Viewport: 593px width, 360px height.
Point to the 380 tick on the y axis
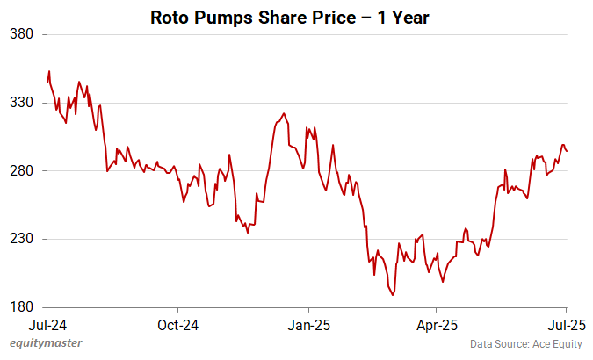click(21, 35)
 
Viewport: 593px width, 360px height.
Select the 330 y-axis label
click(21, 103)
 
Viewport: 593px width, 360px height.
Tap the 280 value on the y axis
click(21, 171)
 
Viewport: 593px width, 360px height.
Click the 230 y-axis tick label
click(21, 239)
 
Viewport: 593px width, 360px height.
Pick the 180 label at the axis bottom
click(21, 307)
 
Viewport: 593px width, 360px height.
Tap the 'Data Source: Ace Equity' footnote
click(527, 344)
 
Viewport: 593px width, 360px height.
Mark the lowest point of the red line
click(393, 295)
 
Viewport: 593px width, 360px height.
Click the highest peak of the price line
click(49, 71)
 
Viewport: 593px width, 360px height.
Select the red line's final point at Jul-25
click(567, 151)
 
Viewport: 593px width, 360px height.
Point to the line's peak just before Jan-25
click(283, 113)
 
